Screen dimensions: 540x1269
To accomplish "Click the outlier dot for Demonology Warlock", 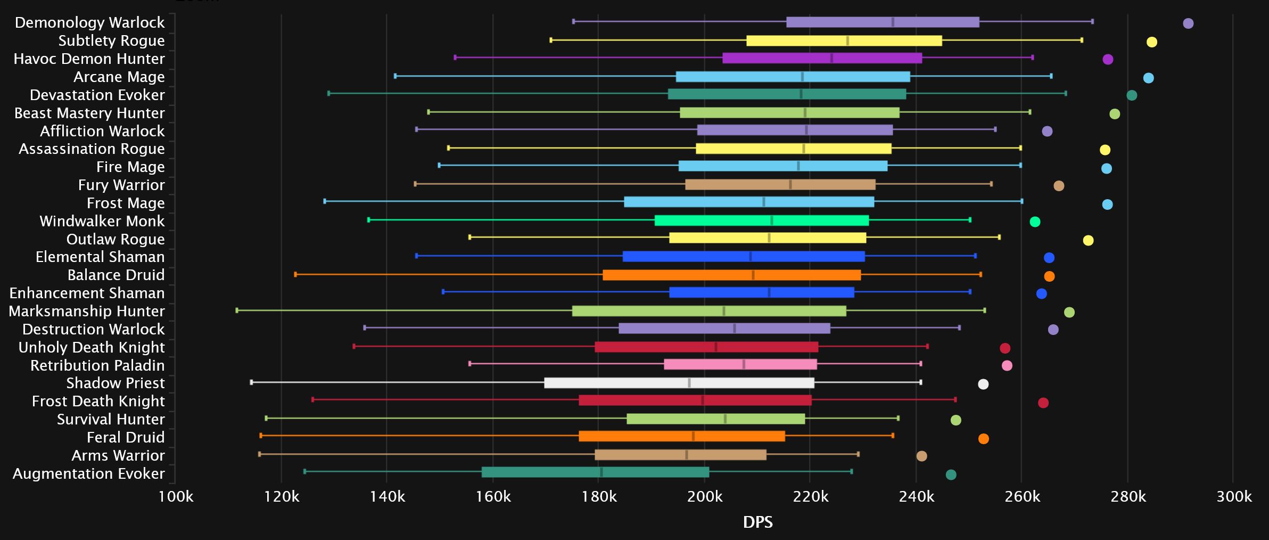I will pyautogui.click(x=1188, y=23).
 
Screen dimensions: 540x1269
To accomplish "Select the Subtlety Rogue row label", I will pyautogui.click(x=111, y=40).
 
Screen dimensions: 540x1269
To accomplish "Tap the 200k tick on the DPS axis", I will pyautogui.click(x=704, y=497).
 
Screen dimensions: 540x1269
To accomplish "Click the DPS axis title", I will pyautogui.click(x=757, y=522).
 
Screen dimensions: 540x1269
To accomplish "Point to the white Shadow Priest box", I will pyautogui.click(x=679, y=383).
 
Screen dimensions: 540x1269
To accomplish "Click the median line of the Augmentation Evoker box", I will pyautogui.click(x=601, y=472).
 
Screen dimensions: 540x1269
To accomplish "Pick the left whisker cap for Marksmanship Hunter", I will pyautogui.click(x=237, y=310).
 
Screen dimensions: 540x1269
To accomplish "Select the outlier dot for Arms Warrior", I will pyautogui.click(x=921, y=456).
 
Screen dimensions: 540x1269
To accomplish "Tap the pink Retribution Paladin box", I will pyautogui.click(x=740, y=365).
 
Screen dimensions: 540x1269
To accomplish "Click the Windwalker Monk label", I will pyautogui.click(x=102, y=221).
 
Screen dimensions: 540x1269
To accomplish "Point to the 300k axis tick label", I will pyautogui.click(x=1233, y=497).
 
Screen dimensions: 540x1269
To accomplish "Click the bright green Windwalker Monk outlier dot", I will pyautogui.click(x=1035, y=222).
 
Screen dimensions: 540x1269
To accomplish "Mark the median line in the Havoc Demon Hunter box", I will pyautogui.click(x=831, y=59).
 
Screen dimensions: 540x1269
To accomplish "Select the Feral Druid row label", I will pyautogui.click(x=126, y=437).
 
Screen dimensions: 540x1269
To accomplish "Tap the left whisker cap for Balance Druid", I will pyautogui.click(x=295, y=275).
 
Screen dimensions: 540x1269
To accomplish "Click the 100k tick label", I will pyautogui.click(x=176, y=497).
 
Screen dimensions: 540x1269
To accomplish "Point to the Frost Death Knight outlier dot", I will pyautogui.click(x=1043, y=403).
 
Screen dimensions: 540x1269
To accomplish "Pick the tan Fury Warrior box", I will pyautogui.click(x=780, y=185).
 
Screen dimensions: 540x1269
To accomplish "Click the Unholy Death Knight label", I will pyautogui.click(x=92, y=347).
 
